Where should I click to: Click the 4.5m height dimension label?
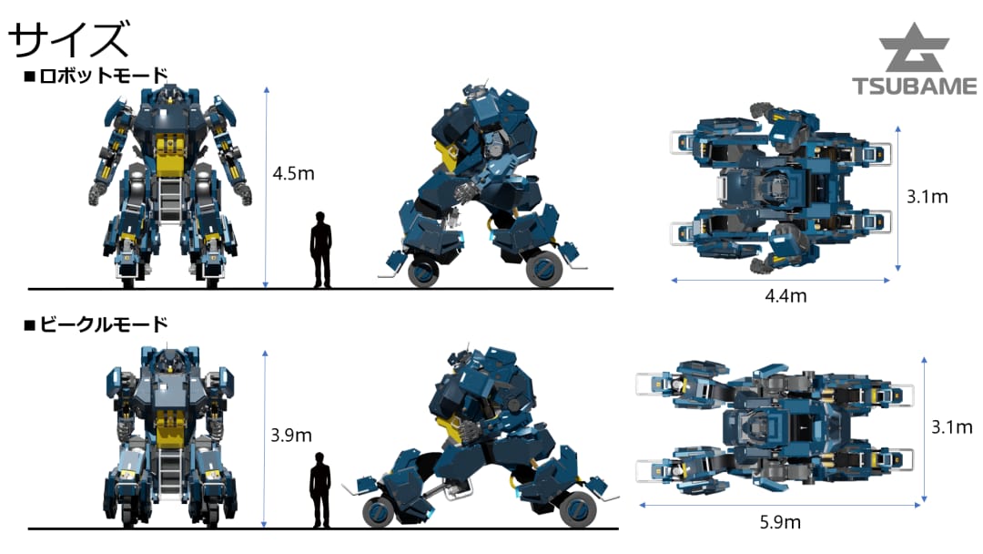(293, 173)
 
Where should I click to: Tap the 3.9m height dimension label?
(291, 435)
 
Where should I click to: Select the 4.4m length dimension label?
(785, 295)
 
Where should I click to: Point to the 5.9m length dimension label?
(780, 522)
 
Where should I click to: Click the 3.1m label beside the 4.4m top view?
(927, 197)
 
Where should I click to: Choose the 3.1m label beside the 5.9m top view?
(952, 427)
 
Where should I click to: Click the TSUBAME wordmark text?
(915, 86)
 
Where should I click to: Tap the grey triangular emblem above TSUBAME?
(915, 47)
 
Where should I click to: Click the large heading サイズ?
(69, 39)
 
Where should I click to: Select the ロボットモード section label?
(96, 76)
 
